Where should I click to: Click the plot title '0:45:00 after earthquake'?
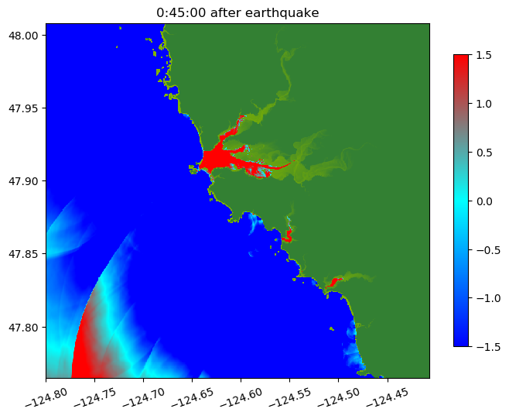click(237, 12)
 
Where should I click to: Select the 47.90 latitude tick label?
click(26, 180)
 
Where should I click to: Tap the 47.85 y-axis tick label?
click(26, 254)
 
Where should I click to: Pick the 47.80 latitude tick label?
click(26, 327)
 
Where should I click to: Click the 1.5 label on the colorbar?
click(484, 54)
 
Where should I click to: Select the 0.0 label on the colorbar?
click(484, 201)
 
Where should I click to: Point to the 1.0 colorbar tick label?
click(484, 103)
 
